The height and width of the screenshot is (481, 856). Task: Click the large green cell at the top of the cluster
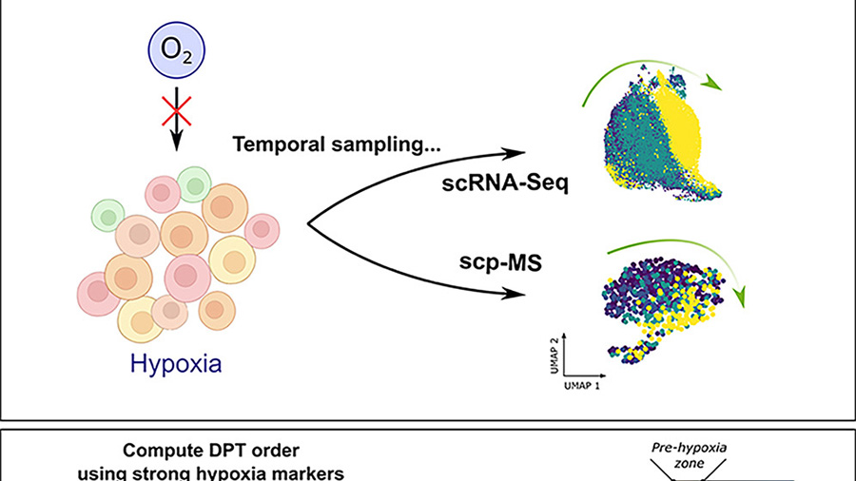(193, 183)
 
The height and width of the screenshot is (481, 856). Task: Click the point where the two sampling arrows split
(310, 224)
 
